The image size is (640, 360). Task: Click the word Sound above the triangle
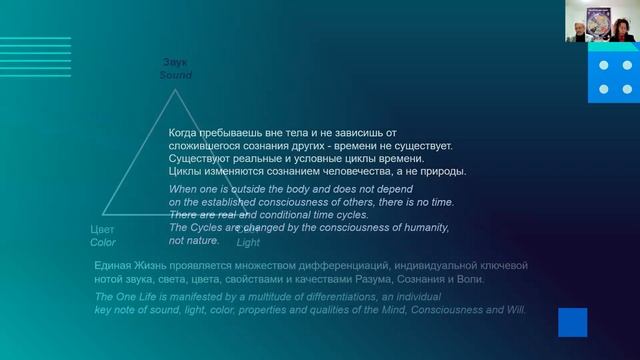(x=176, y=75)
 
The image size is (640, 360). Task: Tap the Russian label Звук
(x=175, y=63)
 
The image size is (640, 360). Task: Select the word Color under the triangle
(x=103, y=242)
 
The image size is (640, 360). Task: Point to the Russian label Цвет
(x=103, y=230)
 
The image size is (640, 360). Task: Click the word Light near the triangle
(x=248, y=242)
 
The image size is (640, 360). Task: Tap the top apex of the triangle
(x=176, y=90)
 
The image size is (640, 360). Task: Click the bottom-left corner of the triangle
(x=103, y=215)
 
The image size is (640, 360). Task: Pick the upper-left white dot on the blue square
(x=602, y=66)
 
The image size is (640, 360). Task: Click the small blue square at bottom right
(x=572, y=322)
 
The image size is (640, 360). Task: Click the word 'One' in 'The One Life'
(x=127, y=297)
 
